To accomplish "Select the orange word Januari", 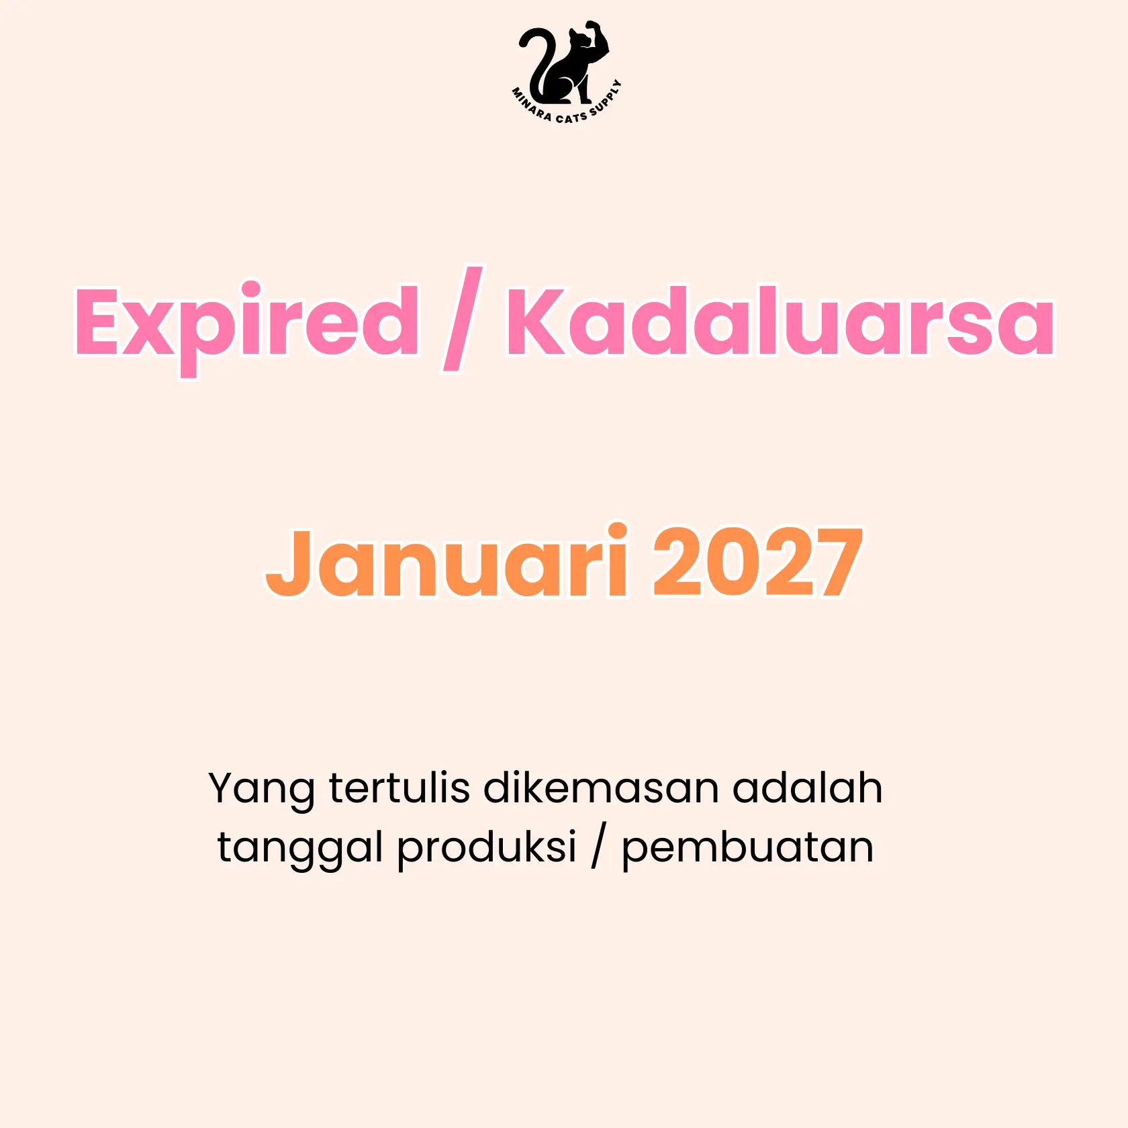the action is pos(447,560).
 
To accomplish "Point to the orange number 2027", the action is pos(758,563).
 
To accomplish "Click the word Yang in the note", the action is pos(262,790).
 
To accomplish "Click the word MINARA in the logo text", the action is pos(531,105).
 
